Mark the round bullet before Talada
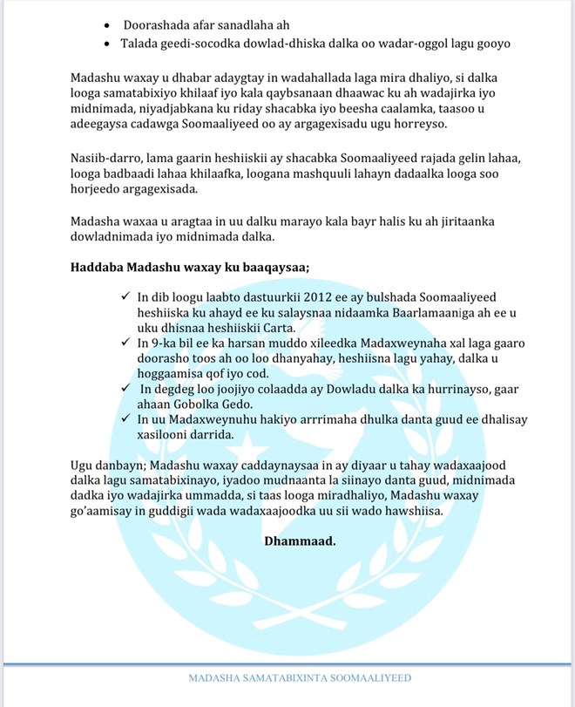pos(107,44)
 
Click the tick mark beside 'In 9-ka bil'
pos(127,346)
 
